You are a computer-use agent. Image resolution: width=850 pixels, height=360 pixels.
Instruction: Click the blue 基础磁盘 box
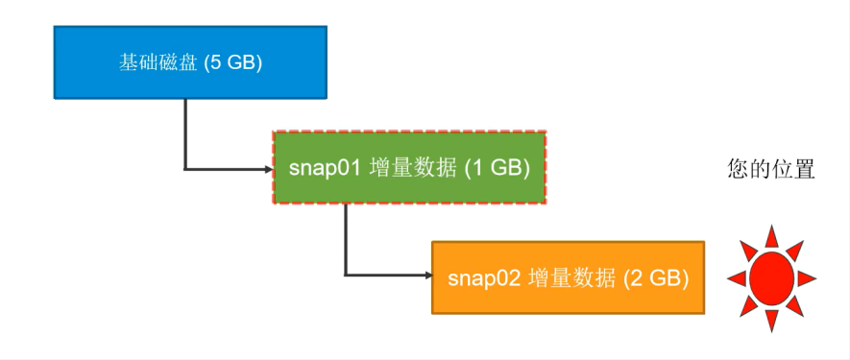(x=190, y=62)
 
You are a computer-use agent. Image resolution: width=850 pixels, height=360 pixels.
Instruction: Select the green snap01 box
(x=409, y=168)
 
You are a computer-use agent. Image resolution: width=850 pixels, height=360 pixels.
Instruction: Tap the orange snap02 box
(x=569, y=277)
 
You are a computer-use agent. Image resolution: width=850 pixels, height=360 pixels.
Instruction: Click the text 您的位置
(x=771, y=169)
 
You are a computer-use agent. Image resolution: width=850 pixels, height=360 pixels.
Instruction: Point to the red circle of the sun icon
(x=771, y=278)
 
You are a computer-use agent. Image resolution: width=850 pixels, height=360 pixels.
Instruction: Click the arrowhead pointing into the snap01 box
(x=268, y=170)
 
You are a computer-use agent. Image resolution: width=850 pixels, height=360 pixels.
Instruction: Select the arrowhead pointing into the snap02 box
(x=427, y=276)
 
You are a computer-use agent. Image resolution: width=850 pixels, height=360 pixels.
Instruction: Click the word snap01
(x=326, y=168)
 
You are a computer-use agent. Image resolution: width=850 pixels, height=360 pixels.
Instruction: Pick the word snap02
(x=485, y=278)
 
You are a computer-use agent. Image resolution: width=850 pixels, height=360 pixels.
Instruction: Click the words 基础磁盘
(x=158, y=63)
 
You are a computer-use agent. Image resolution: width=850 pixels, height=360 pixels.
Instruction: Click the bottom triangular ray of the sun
(x=771, y=320)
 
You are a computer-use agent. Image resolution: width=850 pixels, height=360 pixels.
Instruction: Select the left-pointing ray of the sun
(x=737, y=278)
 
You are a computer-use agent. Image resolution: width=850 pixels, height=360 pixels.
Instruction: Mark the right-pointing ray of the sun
(x=807, y=278)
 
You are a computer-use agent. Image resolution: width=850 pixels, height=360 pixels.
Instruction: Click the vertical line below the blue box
(x=184, y=134)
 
